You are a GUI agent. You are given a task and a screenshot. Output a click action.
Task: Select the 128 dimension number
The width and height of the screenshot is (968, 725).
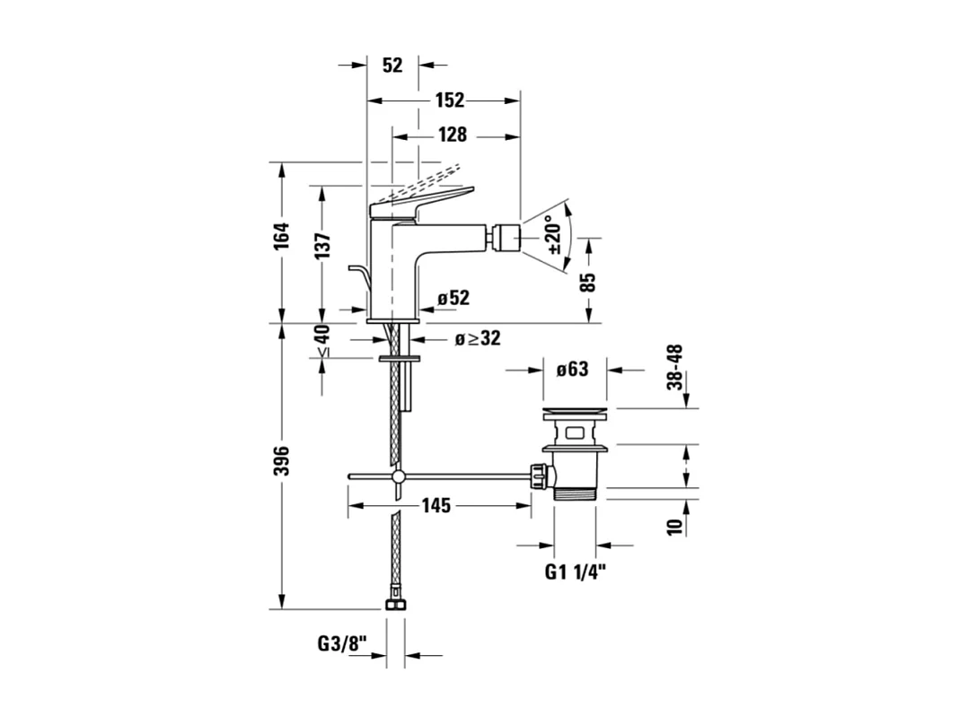(x=452, y=135)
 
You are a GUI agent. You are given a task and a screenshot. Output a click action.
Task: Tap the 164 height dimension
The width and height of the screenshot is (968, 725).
(x=283, y=236)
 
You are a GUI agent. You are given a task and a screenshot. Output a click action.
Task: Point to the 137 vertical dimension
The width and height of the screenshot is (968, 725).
(x=323, y=244)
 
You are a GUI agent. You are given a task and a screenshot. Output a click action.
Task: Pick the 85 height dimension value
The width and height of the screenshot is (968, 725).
(x=588, y=283)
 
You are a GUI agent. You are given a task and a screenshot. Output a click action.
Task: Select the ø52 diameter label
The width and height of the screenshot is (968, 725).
(x=453, y=298)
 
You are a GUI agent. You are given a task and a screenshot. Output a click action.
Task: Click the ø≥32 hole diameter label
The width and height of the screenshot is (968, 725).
(x=477, y=338)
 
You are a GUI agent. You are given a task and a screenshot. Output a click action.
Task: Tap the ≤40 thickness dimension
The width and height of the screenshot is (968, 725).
(x=322, y=340)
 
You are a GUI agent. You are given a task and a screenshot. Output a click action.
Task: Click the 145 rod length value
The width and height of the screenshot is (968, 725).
(x=436, y=506)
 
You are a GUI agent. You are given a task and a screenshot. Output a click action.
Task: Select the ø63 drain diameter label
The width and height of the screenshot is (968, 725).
(x=571, y=369)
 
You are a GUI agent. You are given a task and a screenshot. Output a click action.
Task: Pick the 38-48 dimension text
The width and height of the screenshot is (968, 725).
(x=675, y=366)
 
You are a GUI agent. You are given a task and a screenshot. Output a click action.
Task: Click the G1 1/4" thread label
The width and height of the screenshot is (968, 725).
(x=576, y=572)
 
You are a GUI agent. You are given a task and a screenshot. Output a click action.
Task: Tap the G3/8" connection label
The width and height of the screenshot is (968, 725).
(x=342, y=642)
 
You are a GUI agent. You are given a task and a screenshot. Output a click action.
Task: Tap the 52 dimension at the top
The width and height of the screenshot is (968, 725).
(x=392, y=65)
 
